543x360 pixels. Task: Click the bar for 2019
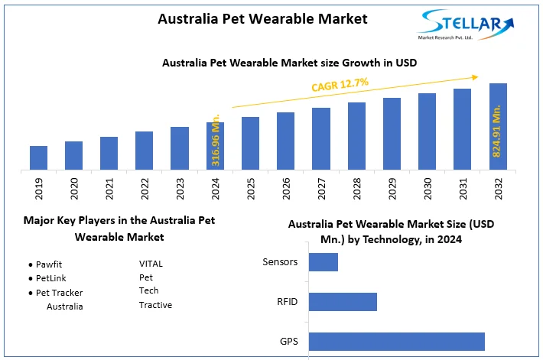tap(39, 157)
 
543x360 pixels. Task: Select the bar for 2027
tap(321, 138)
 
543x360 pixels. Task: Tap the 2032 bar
tap(498, 126)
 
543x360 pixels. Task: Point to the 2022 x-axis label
tap(145, 189)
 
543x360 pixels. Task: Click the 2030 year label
tap(428, 189)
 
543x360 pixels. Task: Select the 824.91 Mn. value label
tap(497, 131)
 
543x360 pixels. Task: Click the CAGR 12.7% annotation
tap(340, 84)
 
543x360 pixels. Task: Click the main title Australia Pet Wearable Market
tap(262, 18)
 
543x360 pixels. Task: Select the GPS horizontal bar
tap(397, 341)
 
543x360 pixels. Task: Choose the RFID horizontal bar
tap(343, 302)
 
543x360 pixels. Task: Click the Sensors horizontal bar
tap(323, 262)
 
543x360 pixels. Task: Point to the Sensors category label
tap(280, 262)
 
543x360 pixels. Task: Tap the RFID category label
tap(287, 302)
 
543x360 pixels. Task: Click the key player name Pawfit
tap(49, 264)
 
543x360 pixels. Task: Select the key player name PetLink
tap(51, 278)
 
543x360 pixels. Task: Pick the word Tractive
tap(155, 305)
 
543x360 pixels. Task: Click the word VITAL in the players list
tap(151, 264)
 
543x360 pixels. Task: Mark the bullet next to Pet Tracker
tap(30, 293)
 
